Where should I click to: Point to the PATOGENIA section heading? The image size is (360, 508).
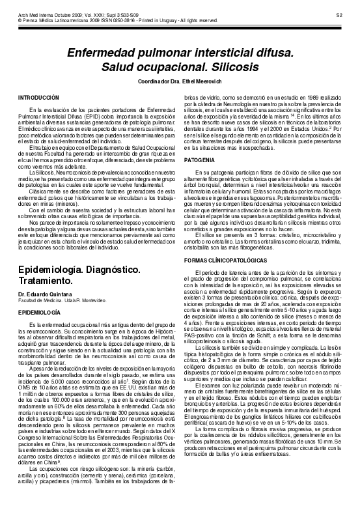pyautogui.click(x=198, y=160)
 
